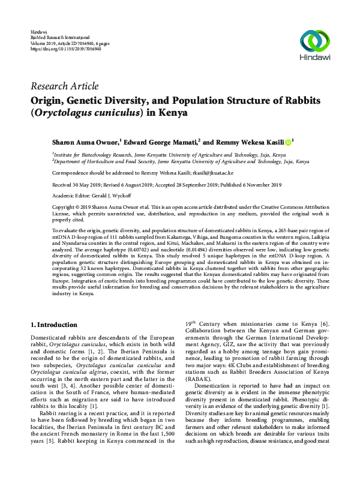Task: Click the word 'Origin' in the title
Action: pyautogui.click(x=50, y=100)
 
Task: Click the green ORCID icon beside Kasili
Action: pyautogui.click(x=287, y=142)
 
